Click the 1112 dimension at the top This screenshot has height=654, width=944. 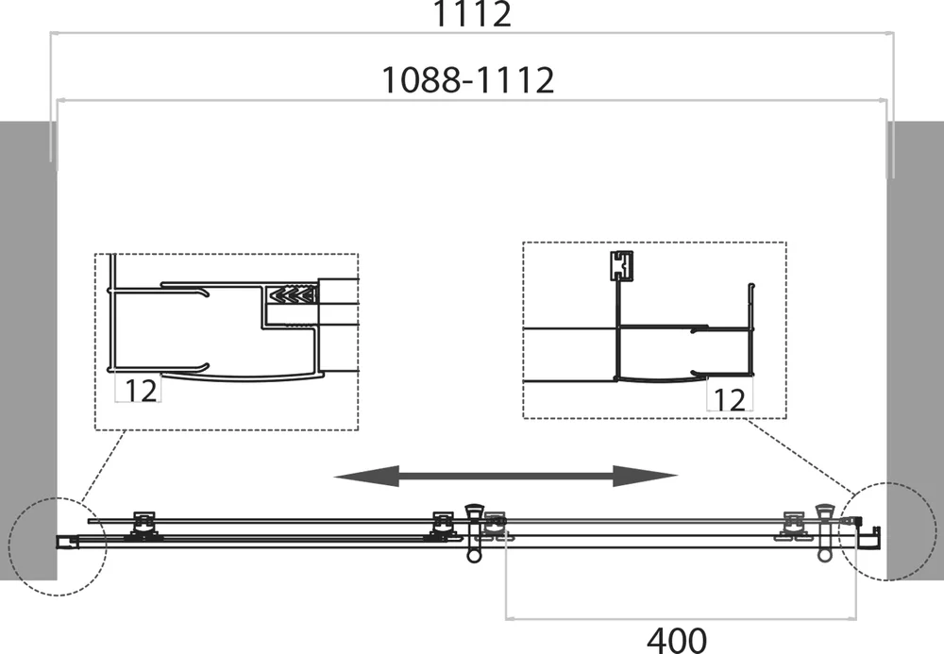click(472, 13)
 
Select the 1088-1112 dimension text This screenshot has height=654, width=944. click(468, 80)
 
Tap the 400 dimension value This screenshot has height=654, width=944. click(677, 640)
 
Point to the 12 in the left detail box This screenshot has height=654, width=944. click(141, 391)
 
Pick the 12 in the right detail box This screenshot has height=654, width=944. click(729, 399)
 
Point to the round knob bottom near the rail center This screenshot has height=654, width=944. click(475, 556)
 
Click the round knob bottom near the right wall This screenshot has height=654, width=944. click(824, 555)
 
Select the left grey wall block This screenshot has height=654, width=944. click(28, 350)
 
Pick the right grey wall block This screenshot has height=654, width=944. click(915, 350)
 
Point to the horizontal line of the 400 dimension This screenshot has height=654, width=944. click(681, 618)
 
